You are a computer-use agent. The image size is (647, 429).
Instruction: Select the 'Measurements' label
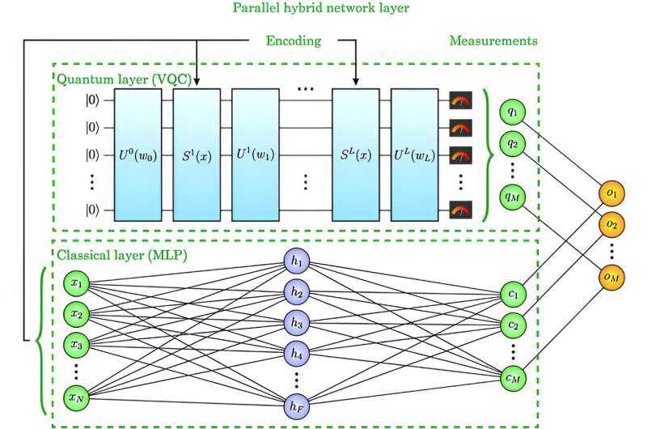494,40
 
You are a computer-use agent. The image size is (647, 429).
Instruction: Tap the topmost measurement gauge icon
461,102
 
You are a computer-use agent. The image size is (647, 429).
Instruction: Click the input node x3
76,344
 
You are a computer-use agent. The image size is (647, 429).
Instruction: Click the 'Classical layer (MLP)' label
106,256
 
